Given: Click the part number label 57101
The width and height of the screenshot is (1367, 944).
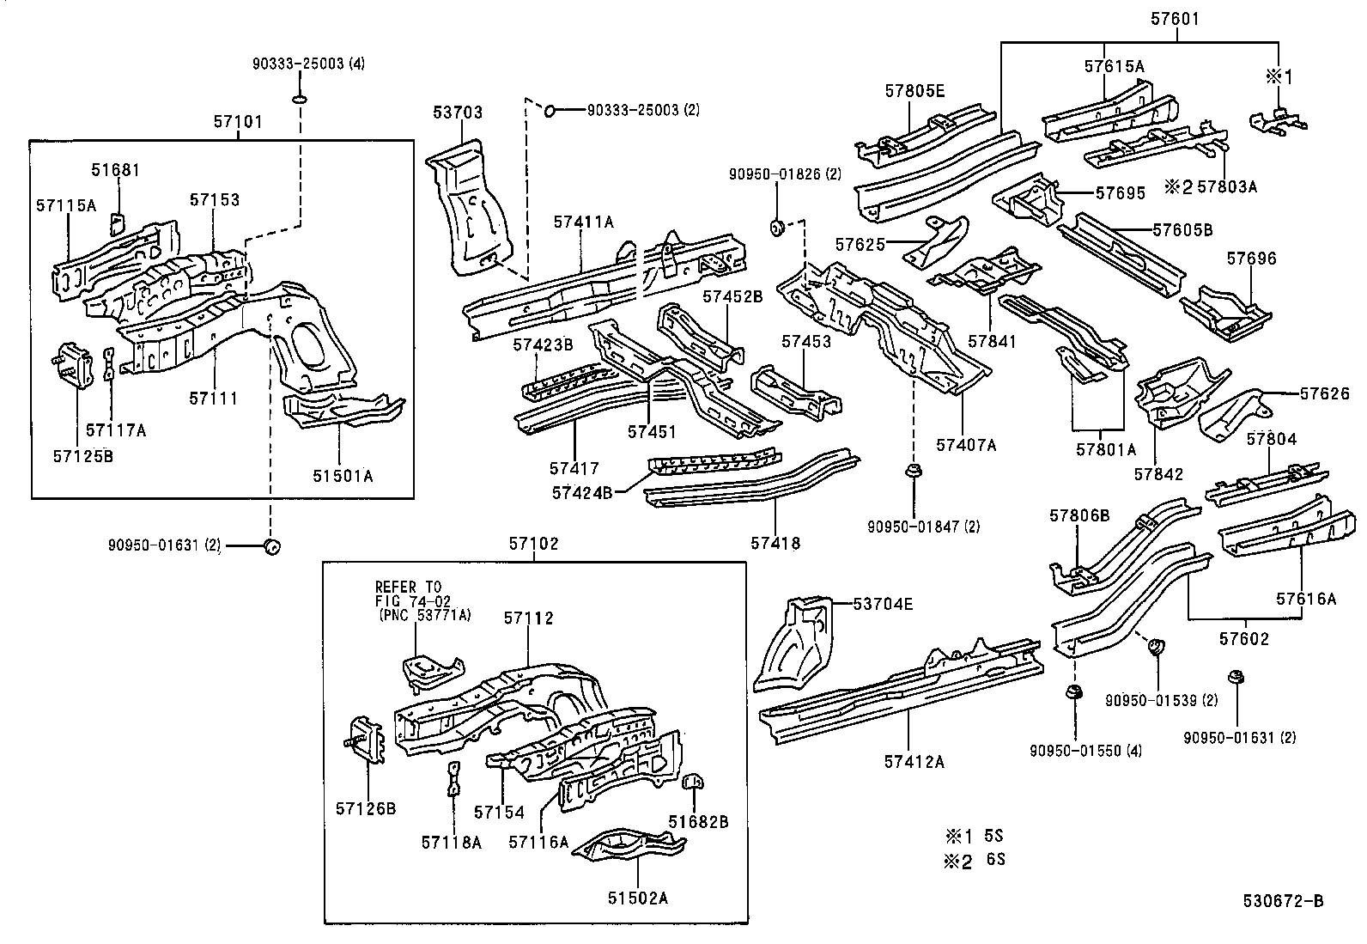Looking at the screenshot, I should [238, 123].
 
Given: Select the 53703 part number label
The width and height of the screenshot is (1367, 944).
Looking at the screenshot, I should [457, 113].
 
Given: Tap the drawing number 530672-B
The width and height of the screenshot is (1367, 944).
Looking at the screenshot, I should [1283, 900].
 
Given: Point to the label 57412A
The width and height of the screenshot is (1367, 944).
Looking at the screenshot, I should [914, 760].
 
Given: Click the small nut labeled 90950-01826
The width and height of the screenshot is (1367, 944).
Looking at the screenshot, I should [778, 227].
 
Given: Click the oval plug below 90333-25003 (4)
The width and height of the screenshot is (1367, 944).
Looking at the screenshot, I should [299, 100].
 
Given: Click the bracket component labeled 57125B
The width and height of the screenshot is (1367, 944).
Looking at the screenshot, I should [73, 364].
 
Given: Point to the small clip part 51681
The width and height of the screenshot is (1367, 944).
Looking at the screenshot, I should [117, 222].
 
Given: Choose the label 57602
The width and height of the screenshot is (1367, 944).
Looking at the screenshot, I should [1244, 639].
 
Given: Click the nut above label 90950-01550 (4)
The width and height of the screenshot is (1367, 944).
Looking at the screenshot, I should [1072, 693].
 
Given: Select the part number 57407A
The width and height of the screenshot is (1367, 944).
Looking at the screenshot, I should [966, 445].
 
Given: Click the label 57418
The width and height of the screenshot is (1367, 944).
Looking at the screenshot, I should [775, 542].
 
